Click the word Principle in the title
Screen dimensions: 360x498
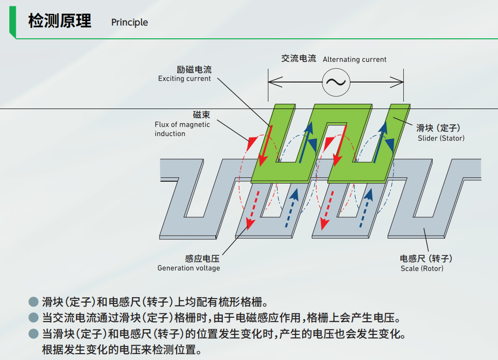130,23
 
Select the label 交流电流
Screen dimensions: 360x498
298,58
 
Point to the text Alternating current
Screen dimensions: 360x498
354,59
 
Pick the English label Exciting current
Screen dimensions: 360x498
184,79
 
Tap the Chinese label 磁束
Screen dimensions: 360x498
201,115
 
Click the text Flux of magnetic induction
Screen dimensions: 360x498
182,129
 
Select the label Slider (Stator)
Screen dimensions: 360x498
441,138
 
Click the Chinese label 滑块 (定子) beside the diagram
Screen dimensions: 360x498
438,128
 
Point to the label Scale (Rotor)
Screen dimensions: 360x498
422,269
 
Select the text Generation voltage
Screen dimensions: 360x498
188,268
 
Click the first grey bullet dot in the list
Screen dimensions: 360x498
33,301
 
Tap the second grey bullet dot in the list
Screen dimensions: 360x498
33,317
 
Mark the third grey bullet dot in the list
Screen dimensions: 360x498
33,334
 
